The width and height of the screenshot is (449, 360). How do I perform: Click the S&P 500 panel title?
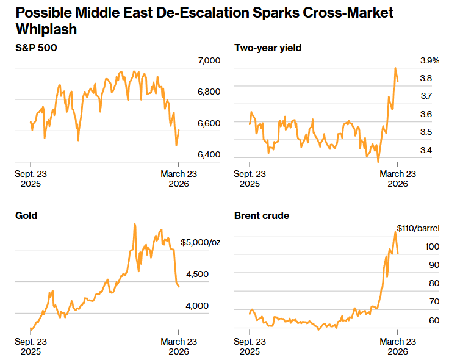(x=36, y=47)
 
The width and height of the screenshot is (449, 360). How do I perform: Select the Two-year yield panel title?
(x=268, y=47)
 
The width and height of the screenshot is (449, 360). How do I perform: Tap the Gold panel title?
(x=26, y=215)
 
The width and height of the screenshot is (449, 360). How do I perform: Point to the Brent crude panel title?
(x=262, y=215)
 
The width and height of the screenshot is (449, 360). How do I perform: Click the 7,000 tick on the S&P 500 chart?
(x=209, y=60)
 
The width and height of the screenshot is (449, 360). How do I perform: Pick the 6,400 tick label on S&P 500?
(x=209, y=154)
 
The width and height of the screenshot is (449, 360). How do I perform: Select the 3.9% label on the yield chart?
(x=429, y=60)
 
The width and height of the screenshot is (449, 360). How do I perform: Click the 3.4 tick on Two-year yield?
(x=426, y=150)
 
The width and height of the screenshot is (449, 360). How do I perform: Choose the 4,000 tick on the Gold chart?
(x=197, y=306)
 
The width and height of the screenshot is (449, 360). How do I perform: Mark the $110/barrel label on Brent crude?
(x=418, y=228)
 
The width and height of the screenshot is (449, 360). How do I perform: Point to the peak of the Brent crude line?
(x=395, y=232)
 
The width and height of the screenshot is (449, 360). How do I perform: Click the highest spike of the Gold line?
(x=134, y=224)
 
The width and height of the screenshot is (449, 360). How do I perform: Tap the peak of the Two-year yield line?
(x=395, y=68)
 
